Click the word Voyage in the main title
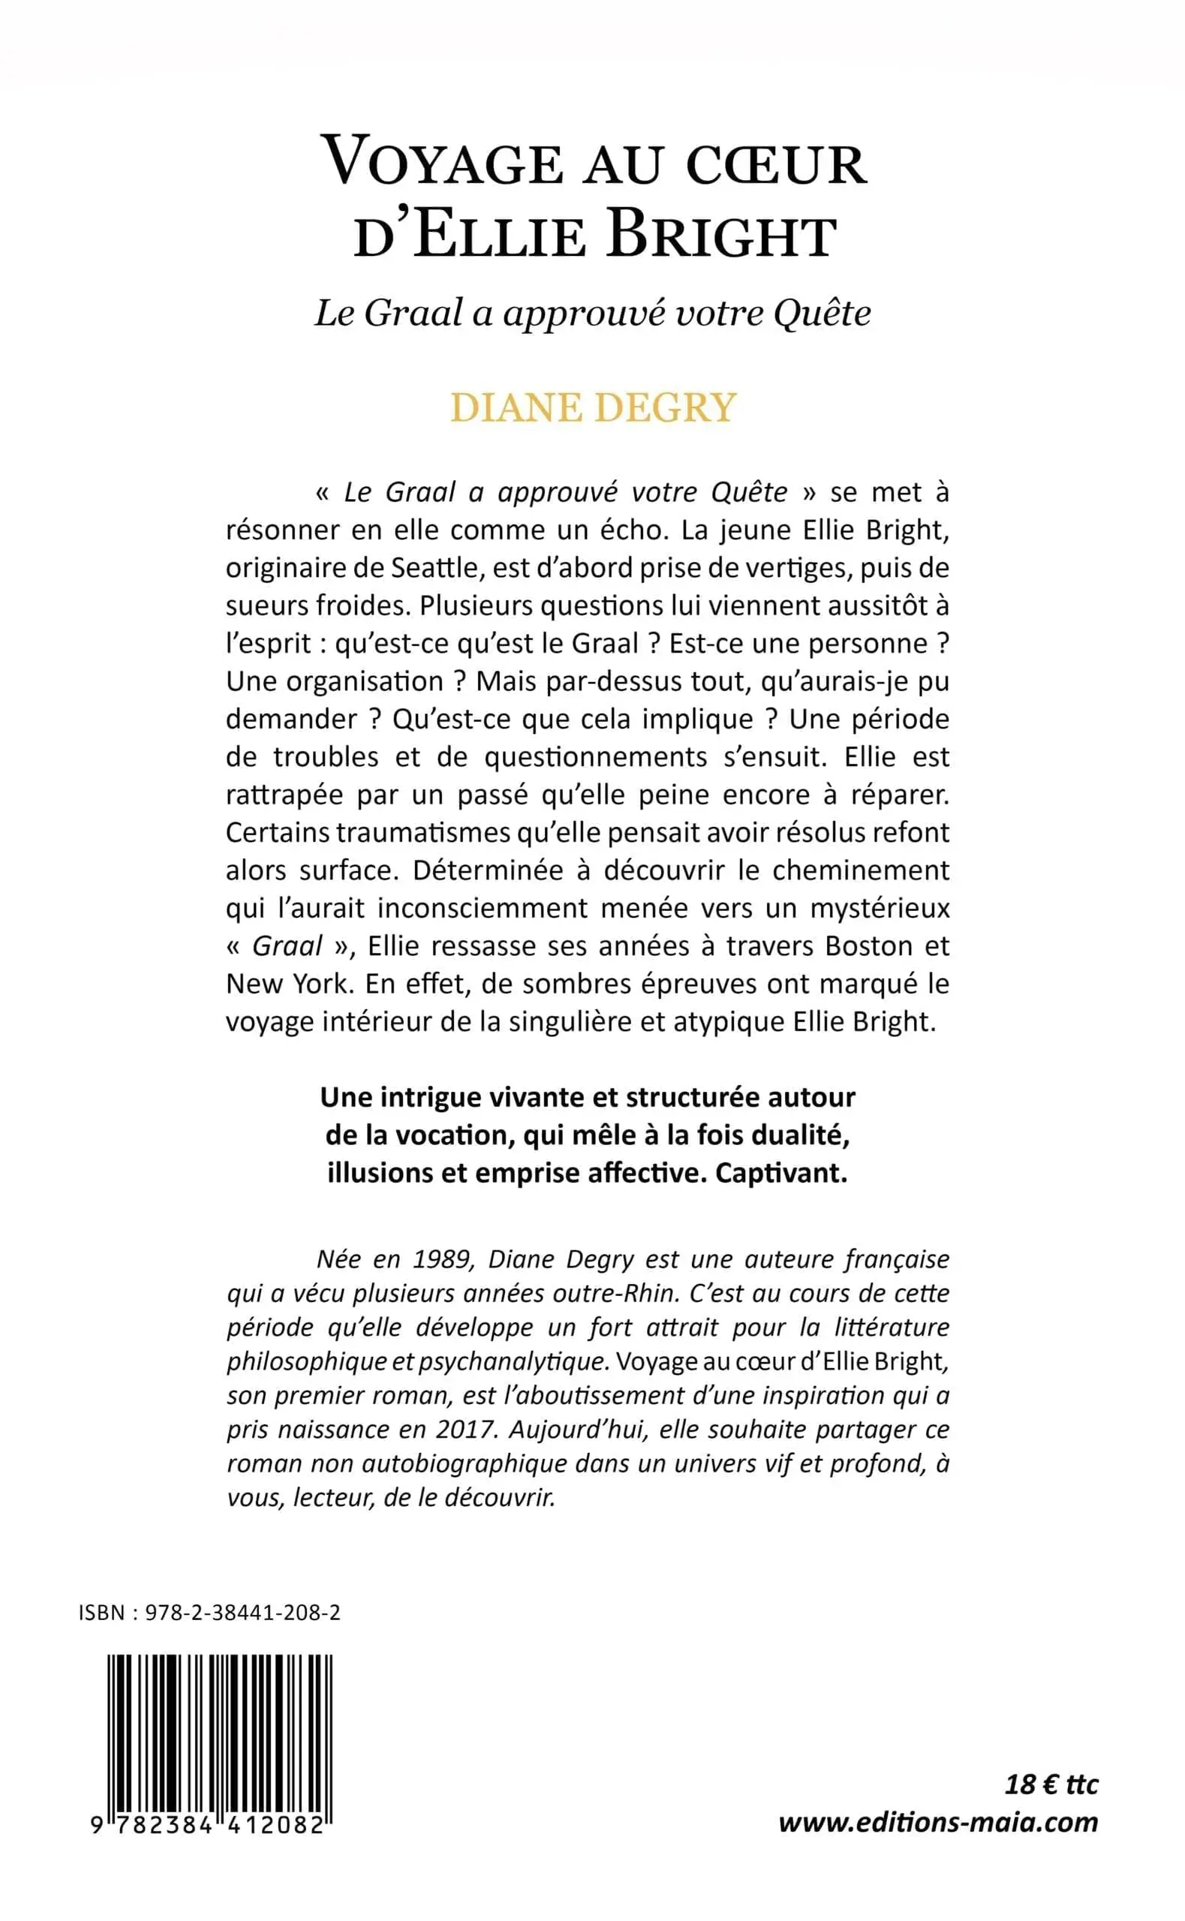(x=444, y=162)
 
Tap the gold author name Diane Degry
(x=594, y=407)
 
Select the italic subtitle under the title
(x=593, y=314)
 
